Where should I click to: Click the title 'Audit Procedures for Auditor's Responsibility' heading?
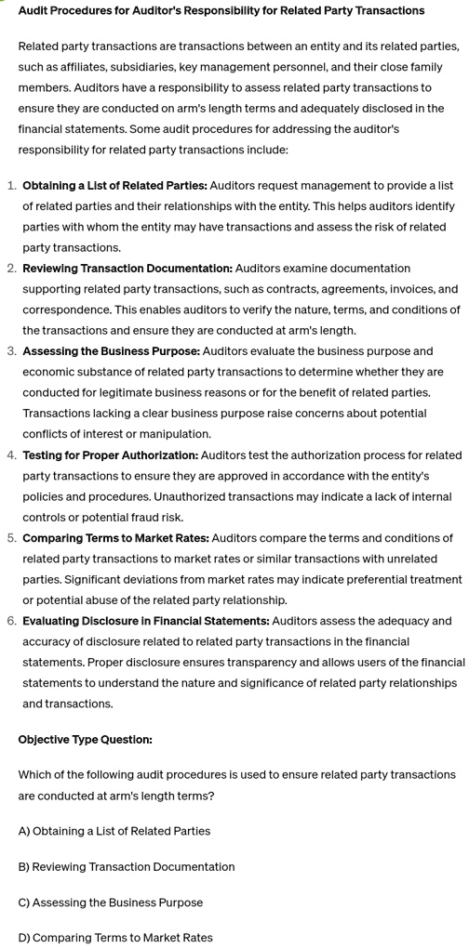coord(221,10)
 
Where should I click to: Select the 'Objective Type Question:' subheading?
coord(85,739)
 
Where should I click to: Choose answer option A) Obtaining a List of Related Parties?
coord(114,830)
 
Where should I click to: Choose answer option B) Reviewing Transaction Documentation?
coord(127,866)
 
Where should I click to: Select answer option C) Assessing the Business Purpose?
coord(111,902)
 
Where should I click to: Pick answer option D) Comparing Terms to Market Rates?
coord(115,937)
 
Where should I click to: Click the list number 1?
coord(11,185)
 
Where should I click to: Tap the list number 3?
coord(11,350)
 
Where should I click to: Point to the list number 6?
coord(11,620)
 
